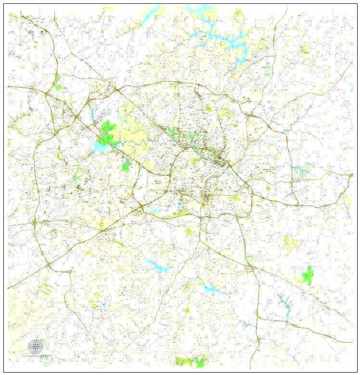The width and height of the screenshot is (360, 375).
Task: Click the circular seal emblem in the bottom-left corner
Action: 35,346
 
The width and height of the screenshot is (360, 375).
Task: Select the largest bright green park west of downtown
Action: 108,132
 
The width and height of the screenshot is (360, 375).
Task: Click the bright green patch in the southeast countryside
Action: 307,275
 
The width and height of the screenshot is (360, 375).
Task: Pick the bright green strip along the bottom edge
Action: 191,360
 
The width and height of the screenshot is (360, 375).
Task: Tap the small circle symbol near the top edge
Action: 176,21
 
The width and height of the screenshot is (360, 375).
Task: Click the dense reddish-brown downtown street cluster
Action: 209,197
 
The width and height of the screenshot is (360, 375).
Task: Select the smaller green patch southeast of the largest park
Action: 126,167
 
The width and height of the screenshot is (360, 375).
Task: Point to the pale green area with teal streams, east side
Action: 301,170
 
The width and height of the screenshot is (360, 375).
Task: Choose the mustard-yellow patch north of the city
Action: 209,109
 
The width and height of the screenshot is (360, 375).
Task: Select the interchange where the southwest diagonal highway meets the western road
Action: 48,264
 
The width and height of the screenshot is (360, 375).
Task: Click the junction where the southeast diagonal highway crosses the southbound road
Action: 251,266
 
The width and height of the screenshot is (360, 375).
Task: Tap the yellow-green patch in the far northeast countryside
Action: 304,49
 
